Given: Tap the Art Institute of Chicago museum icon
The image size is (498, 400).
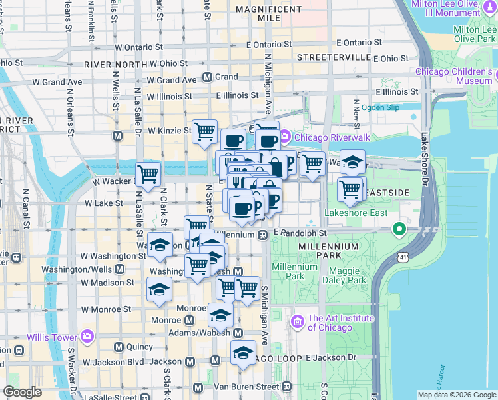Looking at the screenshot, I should coord(298,322).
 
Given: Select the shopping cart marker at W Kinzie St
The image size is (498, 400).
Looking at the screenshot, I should coord(204,131).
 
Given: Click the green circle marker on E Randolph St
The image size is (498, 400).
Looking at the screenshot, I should coord(399,230).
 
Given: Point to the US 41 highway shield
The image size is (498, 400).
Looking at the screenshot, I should coord(403,256).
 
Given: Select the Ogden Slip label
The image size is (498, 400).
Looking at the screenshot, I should coord(380,107).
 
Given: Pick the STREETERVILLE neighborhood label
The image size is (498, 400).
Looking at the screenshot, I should coord(334,58).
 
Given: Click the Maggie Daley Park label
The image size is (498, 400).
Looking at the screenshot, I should coord(347,276).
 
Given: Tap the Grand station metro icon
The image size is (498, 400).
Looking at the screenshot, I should coord(207,77).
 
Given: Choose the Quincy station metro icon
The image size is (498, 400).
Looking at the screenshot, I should coord(119,347).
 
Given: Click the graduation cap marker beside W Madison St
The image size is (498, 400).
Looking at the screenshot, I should coord(160,289).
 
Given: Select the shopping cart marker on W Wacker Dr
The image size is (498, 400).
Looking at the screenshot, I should coord(148,174).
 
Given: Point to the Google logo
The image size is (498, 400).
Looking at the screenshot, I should coord(22,392).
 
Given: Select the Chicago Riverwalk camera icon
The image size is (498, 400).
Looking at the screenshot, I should coord(285,137).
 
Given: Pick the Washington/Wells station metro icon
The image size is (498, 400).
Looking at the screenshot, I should coord(119,269).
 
